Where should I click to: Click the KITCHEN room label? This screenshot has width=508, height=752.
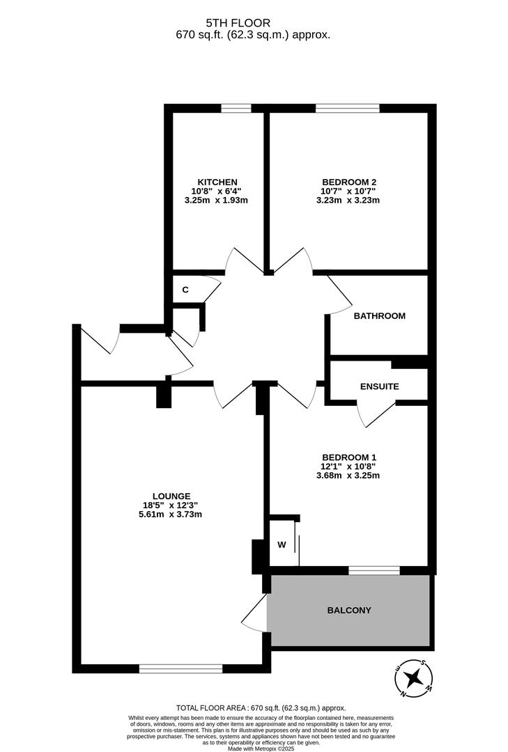[217, 182]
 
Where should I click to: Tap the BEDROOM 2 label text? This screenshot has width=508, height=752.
[349, 182]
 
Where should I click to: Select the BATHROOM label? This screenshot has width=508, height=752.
[379, 315]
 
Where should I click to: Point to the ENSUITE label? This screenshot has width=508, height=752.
[379, 386]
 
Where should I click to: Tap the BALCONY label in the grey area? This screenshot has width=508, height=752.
[349, 610]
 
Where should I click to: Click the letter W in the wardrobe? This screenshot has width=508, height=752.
[282, 545]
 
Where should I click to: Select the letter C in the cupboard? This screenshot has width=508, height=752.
[185, 290]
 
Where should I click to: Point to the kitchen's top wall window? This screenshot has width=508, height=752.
[236, 108]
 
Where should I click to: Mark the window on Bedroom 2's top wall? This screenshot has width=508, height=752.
[347, 108]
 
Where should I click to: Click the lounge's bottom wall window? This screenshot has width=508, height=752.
[180, 668]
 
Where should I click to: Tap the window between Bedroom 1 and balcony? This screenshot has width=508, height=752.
[374, 570]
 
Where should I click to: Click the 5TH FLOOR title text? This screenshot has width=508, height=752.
[253, 23]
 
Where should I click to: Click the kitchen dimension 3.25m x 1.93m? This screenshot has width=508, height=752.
[217, 201]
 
